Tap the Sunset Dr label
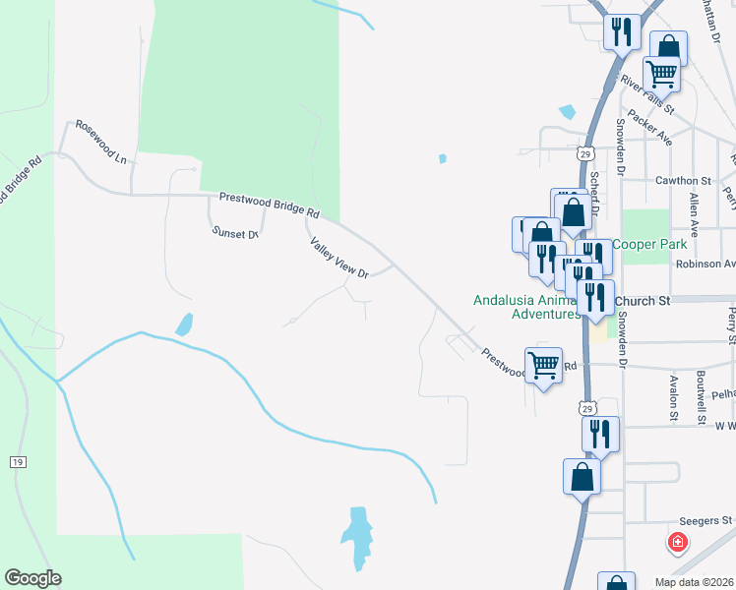(234, 233)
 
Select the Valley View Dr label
(338, 258)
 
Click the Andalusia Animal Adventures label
(526, 307)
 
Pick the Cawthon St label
(683, 181)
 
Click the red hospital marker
(678, 542)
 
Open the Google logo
(32, 578)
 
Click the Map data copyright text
(693, 582)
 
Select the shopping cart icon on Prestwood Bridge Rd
(544, 366)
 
